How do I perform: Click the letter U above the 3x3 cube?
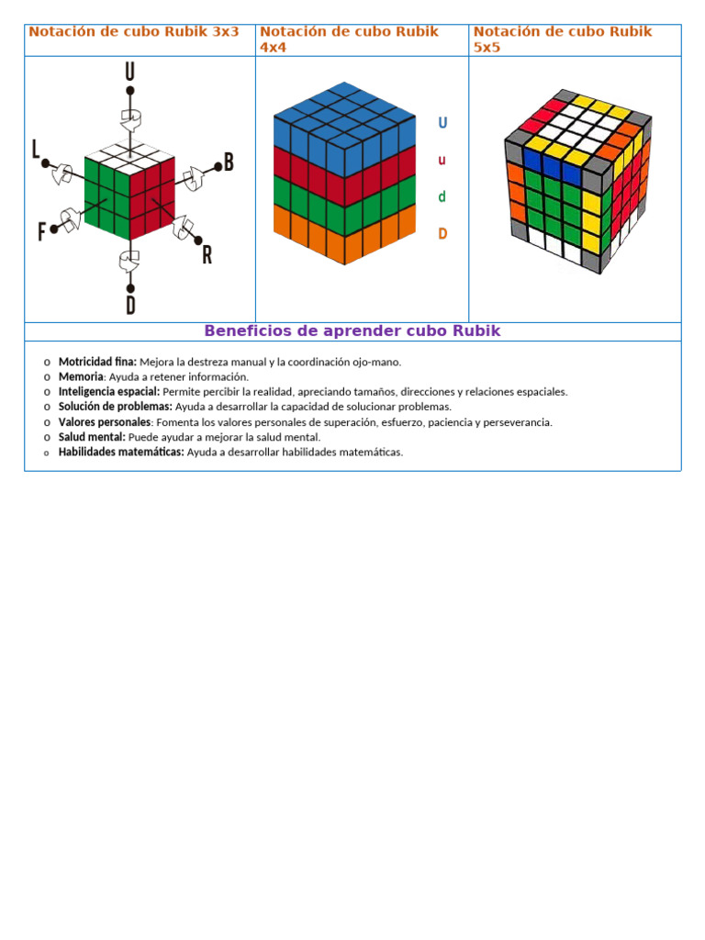(x=130, y=72)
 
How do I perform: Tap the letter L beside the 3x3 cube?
(x=36, y=150)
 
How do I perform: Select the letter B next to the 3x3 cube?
(x=229, y=162)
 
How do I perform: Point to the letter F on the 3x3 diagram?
(x=41, y=232)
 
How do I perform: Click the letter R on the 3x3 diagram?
(x=207, y=255)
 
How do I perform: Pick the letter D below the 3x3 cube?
(x=130, y=305)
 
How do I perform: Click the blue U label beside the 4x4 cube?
(x=442, y=123)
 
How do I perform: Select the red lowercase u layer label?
(x=442, y=160)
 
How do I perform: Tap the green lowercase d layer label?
(x=442, y=196)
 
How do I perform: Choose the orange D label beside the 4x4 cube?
(x=442, y=233)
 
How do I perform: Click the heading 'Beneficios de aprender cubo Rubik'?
(x=352, y=331)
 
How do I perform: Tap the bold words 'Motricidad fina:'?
(x=97, y=362)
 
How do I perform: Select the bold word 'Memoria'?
(x=81, y=376)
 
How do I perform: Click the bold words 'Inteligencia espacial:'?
(x=109, y=392)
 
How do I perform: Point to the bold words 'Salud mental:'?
(x=92, y=437)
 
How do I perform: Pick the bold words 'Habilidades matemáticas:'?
(x=121, y=452)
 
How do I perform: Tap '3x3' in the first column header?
(x=226, y=31)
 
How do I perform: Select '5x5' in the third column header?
(x=487, y=47)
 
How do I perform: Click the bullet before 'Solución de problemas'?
(x=47, y=407)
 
